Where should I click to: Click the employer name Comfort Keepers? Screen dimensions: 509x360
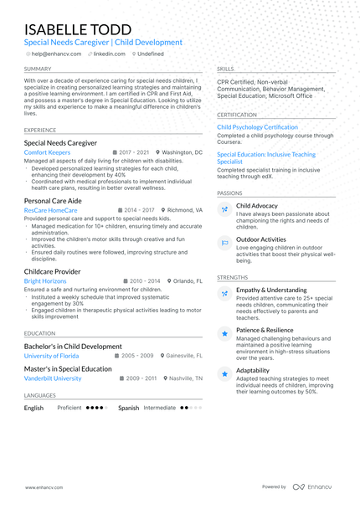click(x=47, y=153)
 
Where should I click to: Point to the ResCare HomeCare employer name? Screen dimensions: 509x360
click(x=51, y=211)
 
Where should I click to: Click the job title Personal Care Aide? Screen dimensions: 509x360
click(x=53, y=201)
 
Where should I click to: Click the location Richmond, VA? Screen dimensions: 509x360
click(x=183, y=211)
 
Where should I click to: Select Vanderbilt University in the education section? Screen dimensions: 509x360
click(x=53, y=378)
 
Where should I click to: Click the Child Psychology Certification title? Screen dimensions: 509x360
click(x=257, y=127)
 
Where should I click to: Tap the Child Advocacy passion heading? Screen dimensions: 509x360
click(x=257, y=205)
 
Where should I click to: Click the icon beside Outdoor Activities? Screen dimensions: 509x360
click(x=224, y=243)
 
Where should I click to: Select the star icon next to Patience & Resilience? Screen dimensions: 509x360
click(x=224, y=333)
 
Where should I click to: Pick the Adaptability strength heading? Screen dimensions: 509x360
click(x=253, y=369)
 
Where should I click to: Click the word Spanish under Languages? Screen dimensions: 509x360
click(x=128, y=408)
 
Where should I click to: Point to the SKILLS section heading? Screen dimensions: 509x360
click(x=225, y=69)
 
